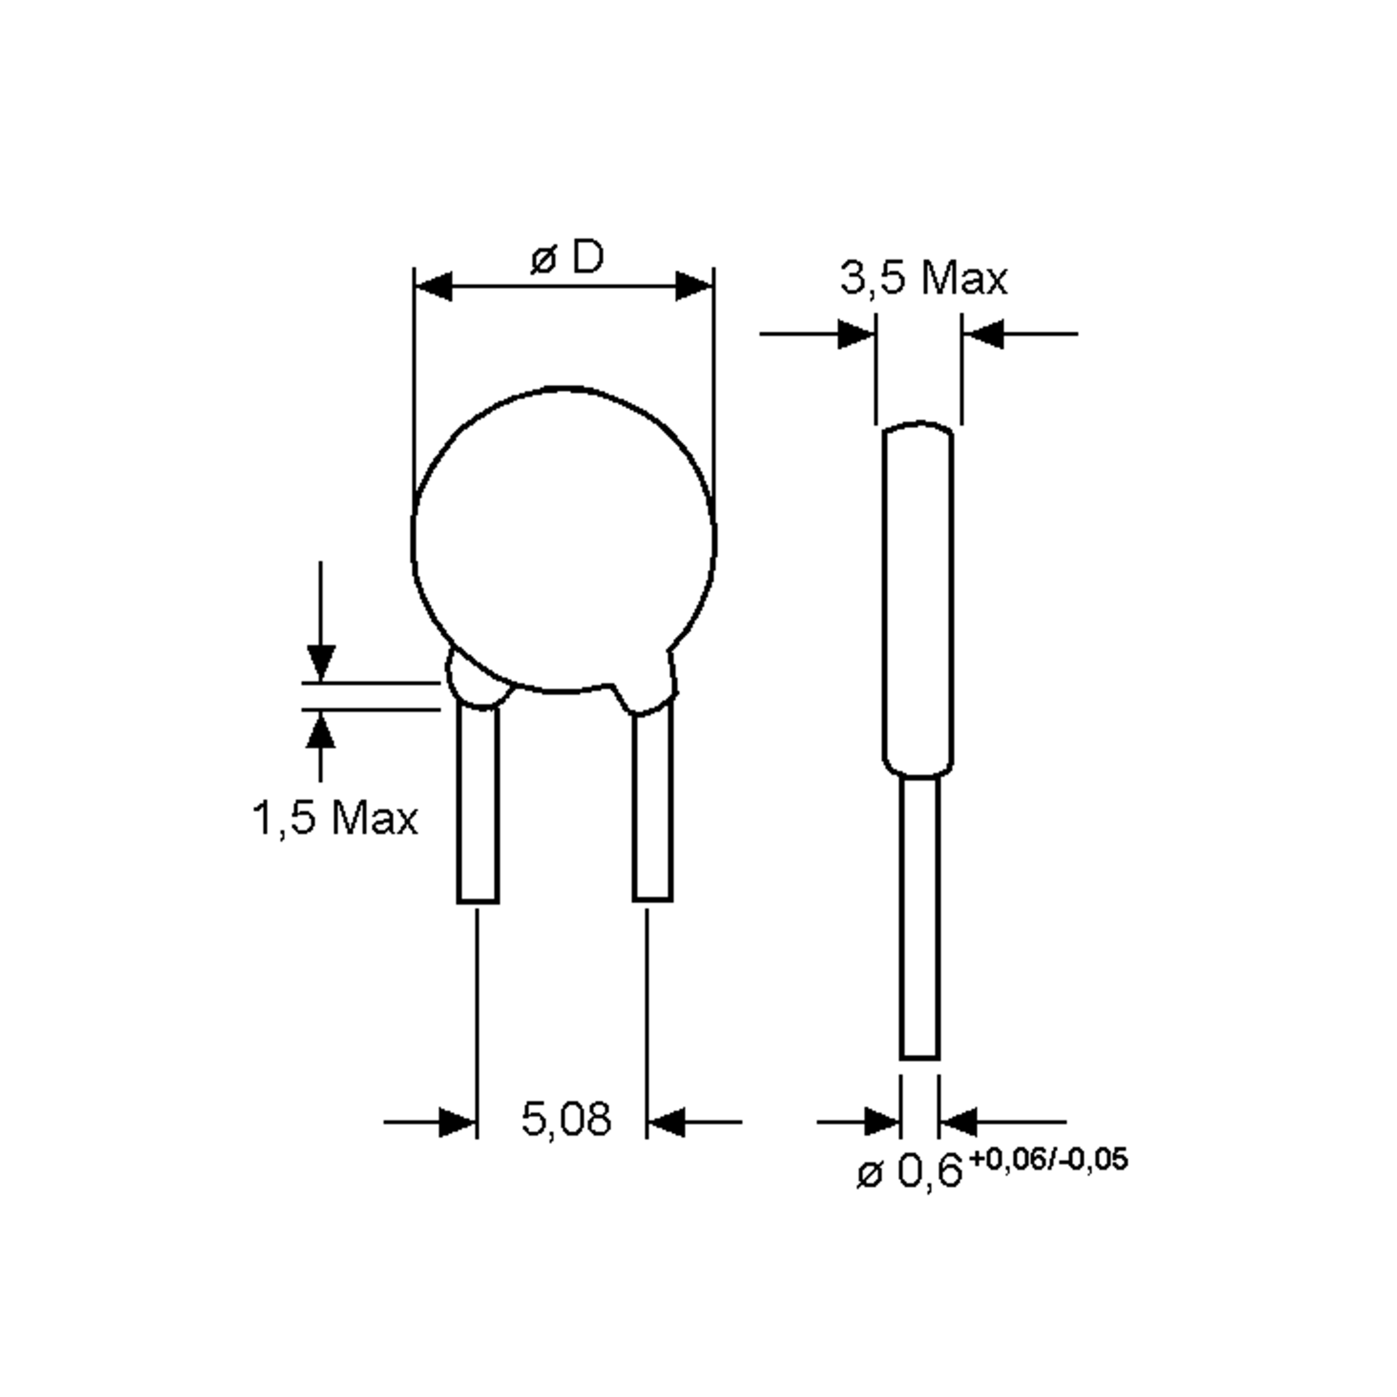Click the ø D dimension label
tap(566, 257)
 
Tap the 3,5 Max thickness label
tap(923, 278)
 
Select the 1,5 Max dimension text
tap(335, 818)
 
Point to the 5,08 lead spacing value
tap(565, 1119)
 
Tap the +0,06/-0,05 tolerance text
tap(1048, 1159)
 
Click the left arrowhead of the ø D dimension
tap(434, 286)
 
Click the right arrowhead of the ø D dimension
tap(694, 286)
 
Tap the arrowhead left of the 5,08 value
tap(457, 1122)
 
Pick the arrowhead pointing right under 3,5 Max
tap(856, 334)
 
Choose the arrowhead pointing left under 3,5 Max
tap(983, 334)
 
